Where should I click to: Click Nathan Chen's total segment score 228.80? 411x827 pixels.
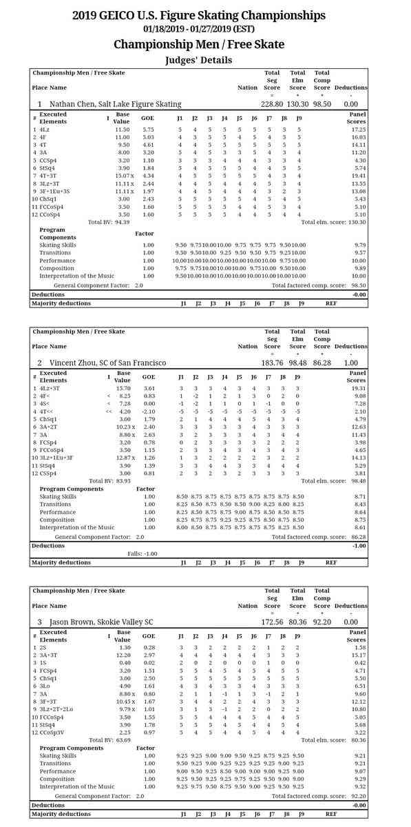tap(272, 104)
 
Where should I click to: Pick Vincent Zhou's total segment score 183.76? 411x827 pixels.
tap(272, 363)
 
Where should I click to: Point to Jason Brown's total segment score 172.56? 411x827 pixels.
tap(272, 622)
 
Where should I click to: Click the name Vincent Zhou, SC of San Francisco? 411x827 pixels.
tap(107, 363)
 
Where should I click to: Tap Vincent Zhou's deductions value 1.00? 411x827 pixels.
tap(350, 363)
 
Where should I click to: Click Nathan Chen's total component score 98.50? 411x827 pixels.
tap(322, 104)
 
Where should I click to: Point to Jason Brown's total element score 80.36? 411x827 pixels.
tap(297, 622)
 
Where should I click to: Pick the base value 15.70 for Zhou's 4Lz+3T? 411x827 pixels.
tap(122, 389)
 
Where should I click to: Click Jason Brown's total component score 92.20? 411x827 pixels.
tap(322, 622)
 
